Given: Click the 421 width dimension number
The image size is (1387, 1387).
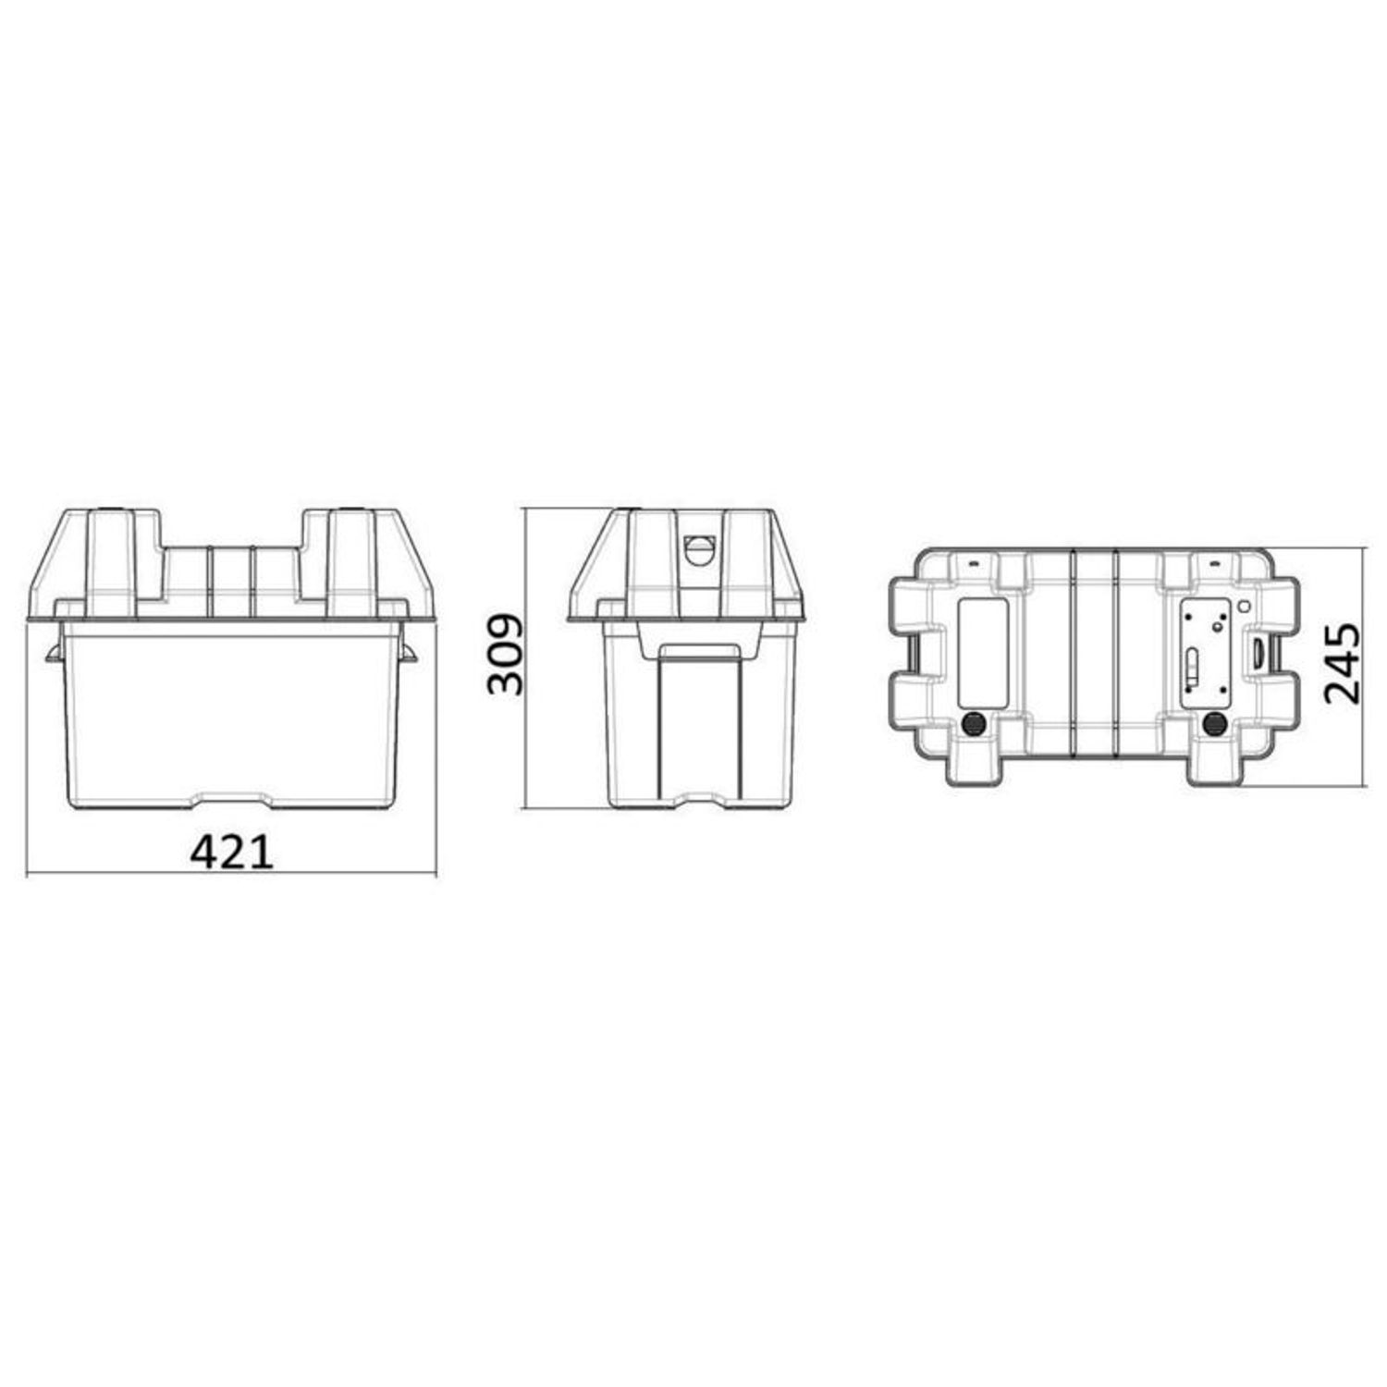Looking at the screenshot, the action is tap(232, 852).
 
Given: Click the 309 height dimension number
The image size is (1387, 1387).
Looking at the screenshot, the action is tap(506, 655).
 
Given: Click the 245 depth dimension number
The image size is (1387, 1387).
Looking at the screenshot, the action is tap(1343, 664).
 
